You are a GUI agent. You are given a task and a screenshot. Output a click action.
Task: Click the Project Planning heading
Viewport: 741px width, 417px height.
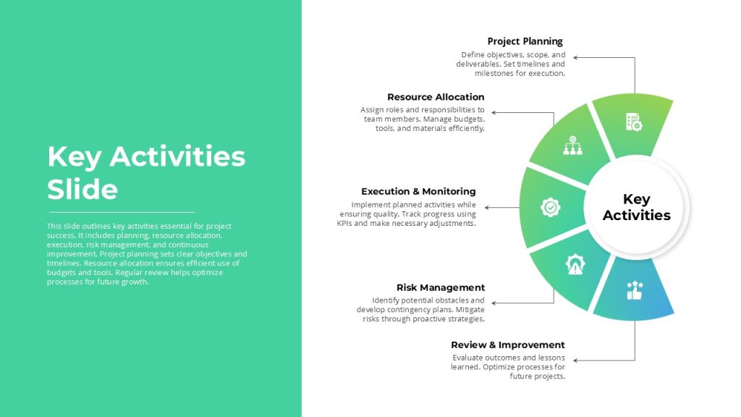(525, 41)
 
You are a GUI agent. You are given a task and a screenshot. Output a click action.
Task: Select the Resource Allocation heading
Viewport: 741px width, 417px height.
(436, 97)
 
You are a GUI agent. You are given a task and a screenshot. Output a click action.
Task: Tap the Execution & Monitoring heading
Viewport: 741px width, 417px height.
(418, 191)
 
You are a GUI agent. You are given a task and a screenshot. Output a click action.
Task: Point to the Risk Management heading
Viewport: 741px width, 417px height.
(441, 287)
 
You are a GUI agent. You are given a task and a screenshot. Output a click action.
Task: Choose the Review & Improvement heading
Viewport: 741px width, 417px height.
(507, 345)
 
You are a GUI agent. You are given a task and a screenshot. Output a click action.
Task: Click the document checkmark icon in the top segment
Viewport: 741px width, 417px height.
(634, 122)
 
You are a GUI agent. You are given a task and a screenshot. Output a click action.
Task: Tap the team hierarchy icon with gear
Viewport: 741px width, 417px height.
(573, 145)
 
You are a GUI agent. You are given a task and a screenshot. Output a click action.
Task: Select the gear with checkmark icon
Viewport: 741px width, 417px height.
(551, 207)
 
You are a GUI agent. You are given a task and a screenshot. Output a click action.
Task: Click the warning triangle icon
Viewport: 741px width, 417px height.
(575, 265)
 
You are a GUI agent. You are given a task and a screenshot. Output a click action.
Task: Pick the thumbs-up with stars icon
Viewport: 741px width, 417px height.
(634, 290)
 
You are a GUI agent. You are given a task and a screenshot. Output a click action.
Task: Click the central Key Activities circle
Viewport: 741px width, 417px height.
(637, 207)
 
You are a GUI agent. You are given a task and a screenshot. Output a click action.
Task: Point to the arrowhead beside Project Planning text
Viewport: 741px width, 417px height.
(575, 58)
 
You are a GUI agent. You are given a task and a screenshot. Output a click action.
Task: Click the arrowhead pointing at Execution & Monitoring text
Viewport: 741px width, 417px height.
(487, 208)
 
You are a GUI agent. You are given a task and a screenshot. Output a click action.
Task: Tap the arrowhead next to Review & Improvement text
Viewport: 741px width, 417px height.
(575, 361)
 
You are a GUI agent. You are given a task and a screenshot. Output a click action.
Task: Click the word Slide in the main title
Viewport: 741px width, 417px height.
(82, 190)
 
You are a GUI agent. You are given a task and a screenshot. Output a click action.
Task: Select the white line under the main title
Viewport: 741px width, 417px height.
(122, 212)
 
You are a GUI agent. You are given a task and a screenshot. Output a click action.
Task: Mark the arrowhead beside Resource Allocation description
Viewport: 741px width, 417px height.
(494, 112)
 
